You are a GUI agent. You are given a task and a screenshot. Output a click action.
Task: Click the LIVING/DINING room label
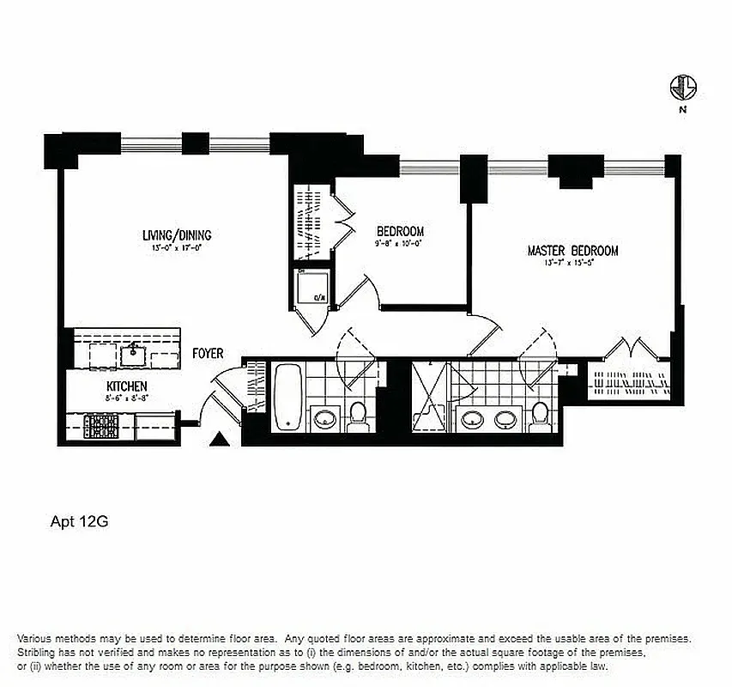[177, 235]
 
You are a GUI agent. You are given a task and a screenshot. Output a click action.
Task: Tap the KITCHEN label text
[127, 386]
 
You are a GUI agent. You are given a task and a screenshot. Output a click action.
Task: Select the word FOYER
[208, 353]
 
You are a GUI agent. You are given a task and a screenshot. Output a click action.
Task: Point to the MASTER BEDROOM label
[572, 251]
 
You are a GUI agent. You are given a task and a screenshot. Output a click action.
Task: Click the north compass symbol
[684, 88]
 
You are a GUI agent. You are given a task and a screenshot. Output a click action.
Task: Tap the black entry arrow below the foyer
[221, 441]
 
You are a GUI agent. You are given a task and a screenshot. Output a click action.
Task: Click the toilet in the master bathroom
[540, 416]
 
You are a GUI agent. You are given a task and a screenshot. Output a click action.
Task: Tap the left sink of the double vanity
[471, 419]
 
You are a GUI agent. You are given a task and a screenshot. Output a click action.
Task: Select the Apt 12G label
[78, 520]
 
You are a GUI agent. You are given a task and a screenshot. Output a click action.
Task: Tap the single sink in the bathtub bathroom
[324, 418]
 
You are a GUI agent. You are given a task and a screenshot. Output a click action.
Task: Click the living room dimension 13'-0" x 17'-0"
[177, 248]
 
